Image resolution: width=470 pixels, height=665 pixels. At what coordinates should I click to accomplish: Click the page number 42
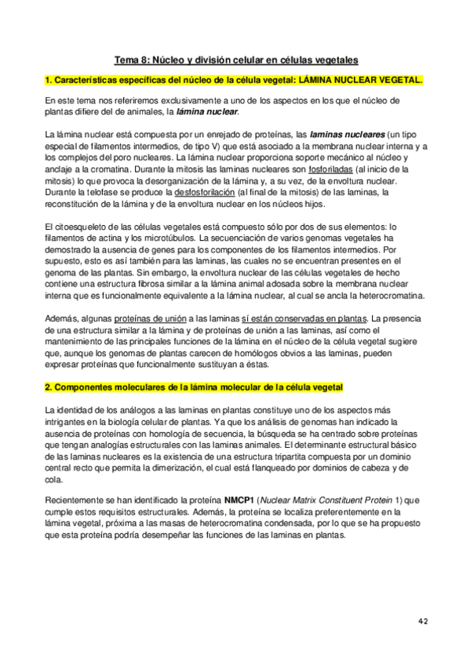(x=423, y=620)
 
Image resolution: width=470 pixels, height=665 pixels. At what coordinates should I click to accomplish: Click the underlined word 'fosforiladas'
(x=332, y=169)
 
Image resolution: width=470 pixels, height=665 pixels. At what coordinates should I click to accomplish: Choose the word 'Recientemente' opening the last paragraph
(x=78, y=499)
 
